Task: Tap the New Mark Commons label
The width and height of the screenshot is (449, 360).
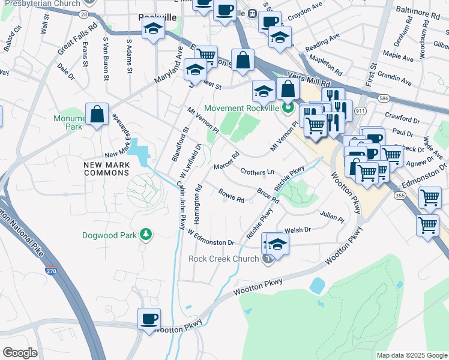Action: [106, 168]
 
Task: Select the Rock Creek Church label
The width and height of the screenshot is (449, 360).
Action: [224, 259]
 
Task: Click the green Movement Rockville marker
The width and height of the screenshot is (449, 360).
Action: [288, 109]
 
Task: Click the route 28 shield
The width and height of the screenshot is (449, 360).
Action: [83, 13]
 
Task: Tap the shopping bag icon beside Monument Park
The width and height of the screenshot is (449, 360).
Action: [97, 114]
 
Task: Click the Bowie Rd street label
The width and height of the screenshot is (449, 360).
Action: [231, 195]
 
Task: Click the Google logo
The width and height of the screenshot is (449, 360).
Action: [20, 353]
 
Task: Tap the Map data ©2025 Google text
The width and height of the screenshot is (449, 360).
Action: [411, 355]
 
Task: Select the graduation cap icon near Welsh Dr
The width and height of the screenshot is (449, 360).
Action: [277, 244]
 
